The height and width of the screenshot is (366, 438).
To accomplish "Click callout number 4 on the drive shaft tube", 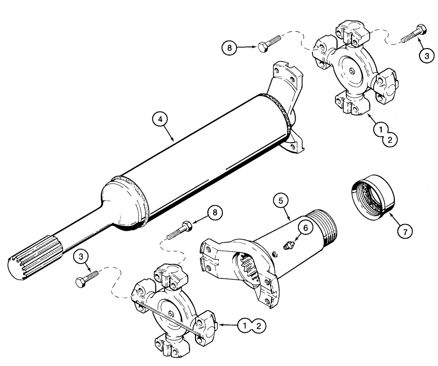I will coord(159,119).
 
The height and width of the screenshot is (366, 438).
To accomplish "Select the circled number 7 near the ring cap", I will coord(404,232).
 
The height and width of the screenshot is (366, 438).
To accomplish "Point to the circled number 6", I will coord(305,227).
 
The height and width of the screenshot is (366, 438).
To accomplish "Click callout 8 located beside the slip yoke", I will coord(215,213).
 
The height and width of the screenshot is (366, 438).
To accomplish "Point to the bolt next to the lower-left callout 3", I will coord(87,278).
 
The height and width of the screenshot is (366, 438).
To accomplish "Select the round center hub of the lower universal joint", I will coord(169,312).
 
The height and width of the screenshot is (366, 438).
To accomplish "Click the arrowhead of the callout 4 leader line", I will coord(174,140).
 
